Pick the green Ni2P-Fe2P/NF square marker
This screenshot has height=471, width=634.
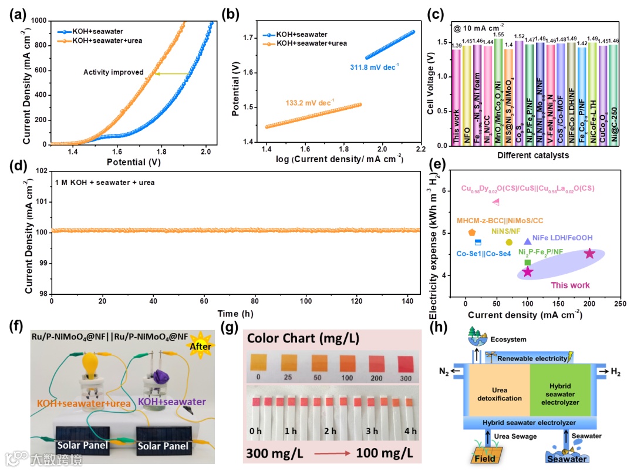click(x=527, y=262)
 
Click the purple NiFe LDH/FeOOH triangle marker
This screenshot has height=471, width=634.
click(x=527, y=241)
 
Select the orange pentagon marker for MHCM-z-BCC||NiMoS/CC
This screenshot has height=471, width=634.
click(x=472, y=233)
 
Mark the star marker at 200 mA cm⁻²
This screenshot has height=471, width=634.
click(x=589, y=254)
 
